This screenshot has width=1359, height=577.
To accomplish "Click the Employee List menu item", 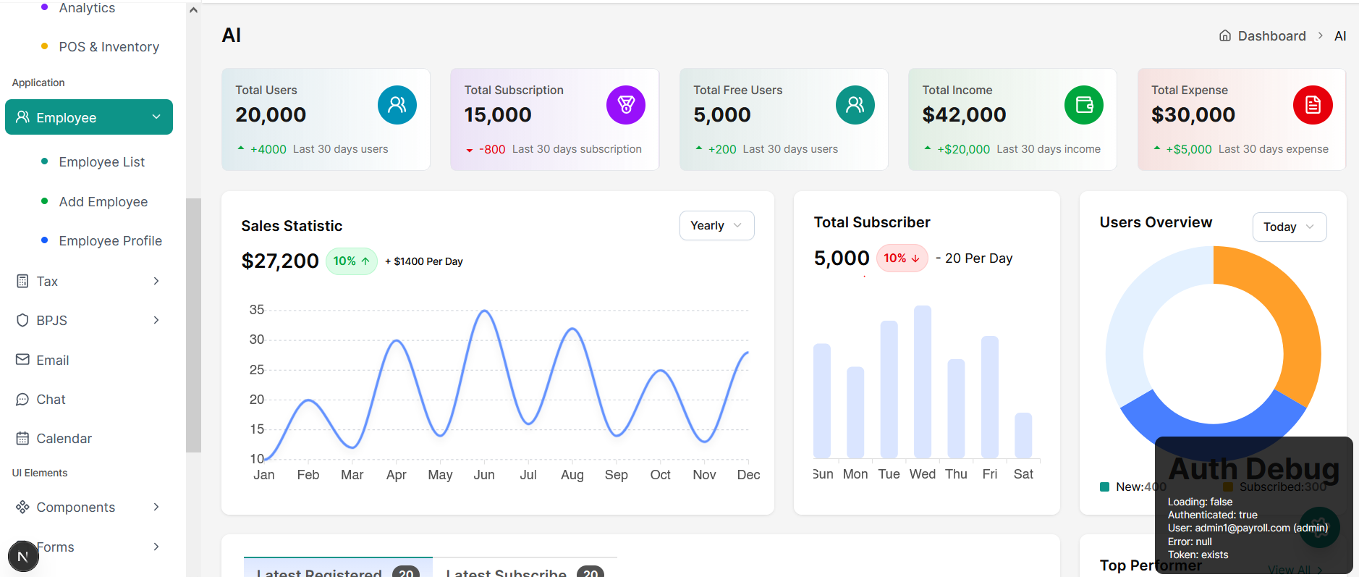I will click(x=101, y=162).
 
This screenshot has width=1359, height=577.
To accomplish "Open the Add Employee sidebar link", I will click(x=103, y=202).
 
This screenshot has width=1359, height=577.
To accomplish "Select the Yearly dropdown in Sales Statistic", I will click(x=716, y=226).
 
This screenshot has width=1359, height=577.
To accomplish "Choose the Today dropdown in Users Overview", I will click(x=1288, y=227).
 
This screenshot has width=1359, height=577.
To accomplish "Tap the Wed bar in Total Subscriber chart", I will click(x=922, y=382).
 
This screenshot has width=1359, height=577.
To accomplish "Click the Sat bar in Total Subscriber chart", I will click(x=1023, y=435).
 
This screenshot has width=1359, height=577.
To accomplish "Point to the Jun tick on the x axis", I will click(x=484, y=475).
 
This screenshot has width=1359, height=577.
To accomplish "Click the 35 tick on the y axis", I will click(x=256, y=310).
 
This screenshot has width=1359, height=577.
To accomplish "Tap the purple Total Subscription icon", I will click(x=625, y=105).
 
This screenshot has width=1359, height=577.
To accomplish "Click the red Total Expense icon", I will click(x=1312, y=105).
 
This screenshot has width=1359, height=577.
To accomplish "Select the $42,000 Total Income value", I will click(x=964, y=115).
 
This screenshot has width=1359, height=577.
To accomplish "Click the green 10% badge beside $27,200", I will click(x=351, y=261).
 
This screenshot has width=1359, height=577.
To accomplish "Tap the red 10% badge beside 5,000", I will click(x=901, y=258).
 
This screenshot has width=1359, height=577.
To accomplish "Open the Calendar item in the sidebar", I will click(x=64, y=439).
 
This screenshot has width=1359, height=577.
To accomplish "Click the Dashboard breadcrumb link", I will click(x=1271, y=36).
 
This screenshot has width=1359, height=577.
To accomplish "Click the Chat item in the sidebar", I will click(x=51, y=400).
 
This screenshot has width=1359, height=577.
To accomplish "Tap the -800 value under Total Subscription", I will click(x=492, y=150).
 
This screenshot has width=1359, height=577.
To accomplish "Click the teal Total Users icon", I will click(x=397, y=105).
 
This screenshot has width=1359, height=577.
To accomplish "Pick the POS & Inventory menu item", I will click(x=109, y=47).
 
